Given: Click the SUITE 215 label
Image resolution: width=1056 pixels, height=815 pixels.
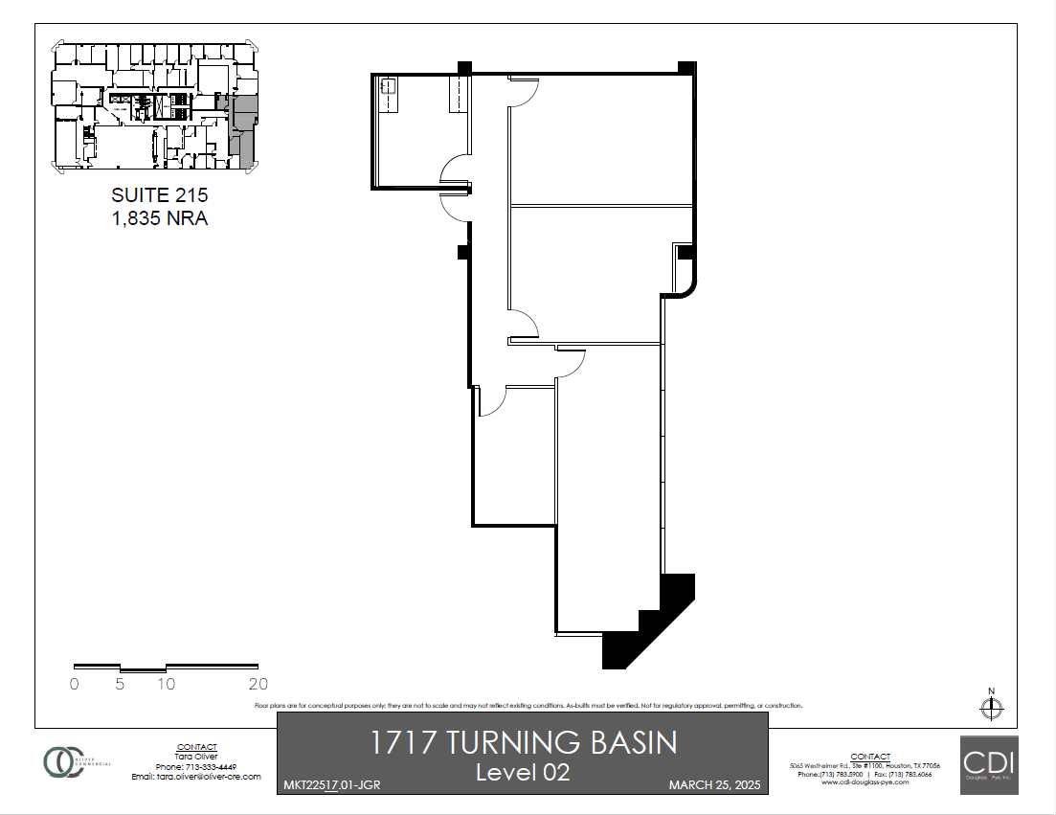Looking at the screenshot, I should pyautogui.click(x=159, y=195).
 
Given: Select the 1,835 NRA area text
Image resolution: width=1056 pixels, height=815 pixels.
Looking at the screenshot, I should pyautogui.click(x=159, y=218).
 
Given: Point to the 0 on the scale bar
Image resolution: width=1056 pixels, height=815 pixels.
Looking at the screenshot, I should pyautogui.click(x=75, y=684).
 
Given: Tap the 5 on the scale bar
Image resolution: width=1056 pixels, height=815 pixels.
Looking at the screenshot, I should pyautogui.click(x=120, y=684).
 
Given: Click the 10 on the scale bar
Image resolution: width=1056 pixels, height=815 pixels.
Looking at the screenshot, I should pyautogui.click(x=166, y=684).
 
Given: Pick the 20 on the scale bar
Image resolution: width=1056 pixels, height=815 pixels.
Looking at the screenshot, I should pyautogui.click(x=258, y=684).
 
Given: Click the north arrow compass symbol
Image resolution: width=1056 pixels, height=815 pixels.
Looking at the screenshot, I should pyautogui.click(x=992, y=708).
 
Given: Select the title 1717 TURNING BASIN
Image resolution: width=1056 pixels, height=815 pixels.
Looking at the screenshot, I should pyautogui.click(x=523, y=742).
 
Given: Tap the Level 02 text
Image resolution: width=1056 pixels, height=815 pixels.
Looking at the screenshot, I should pyautogui.click(x=523, y=771).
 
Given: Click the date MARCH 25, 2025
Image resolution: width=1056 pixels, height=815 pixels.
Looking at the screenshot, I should pyautogui.click(x=713, y=785).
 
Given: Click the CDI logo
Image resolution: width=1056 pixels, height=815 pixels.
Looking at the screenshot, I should pyautogui.click(x=989, y=764).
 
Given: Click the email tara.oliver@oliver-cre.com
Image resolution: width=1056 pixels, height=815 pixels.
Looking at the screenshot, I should pyautogui.click(x=196, y=777).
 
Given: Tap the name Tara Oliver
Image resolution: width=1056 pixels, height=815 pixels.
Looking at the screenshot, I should pyautogui.click(x=196, y=757).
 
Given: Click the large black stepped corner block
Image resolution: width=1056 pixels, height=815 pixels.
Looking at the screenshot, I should pyautogui.click(x=651, y=623).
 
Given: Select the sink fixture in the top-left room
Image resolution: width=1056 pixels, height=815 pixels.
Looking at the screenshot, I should pyautogui.click(x=389, y=86).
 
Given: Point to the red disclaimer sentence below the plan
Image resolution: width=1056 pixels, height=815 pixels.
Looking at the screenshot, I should pyautogui.click(x=528, y=706).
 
